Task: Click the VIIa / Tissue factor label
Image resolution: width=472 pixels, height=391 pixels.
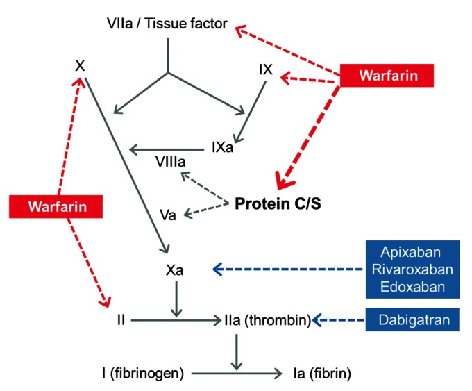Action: (x=167, y=24)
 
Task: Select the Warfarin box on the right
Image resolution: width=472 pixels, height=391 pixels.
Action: (x=387, y=74)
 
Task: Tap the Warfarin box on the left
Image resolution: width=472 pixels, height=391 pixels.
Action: (x=56, y=207)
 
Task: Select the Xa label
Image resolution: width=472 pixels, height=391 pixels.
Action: (x=174, y=270)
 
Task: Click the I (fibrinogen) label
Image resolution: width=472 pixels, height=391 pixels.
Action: (x=142, y=374)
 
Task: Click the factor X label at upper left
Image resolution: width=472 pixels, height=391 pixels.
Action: (x=80, y=67)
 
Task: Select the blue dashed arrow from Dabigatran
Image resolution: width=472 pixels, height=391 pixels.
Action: (x=339, y=320)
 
